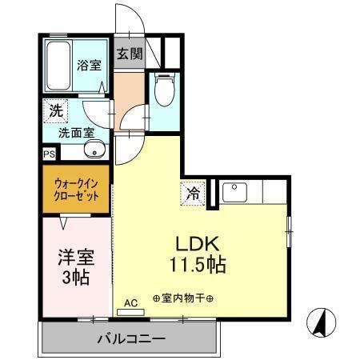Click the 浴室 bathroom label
coord(88,66)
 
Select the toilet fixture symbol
coord(164,90)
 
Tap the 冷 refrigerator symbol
coord(193,193)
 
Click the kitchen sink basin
coord(235,193)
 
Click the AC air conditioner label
coord(131,302)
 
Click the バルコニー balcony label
coord(130,339)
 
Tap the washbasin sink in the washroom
coord(95,151)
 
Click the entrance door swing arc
coord(126,18)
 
